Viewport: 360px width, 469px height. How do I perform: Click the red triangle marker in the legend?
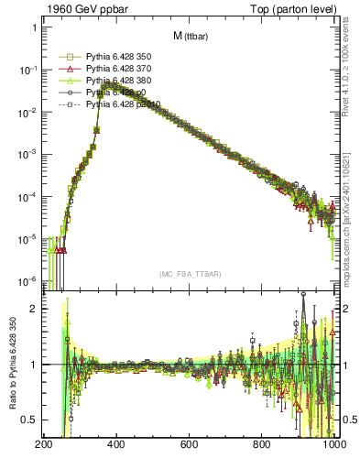tap(69, 69)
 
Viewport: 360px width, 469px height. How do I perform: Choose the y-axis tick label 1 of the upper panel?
tap(33, 27)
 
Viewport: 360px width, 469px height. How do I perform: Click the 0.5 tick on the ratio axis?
tap(28, 420)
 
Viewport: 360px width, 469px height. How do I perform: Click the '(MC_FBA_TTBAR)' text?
tap(190, 274)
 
